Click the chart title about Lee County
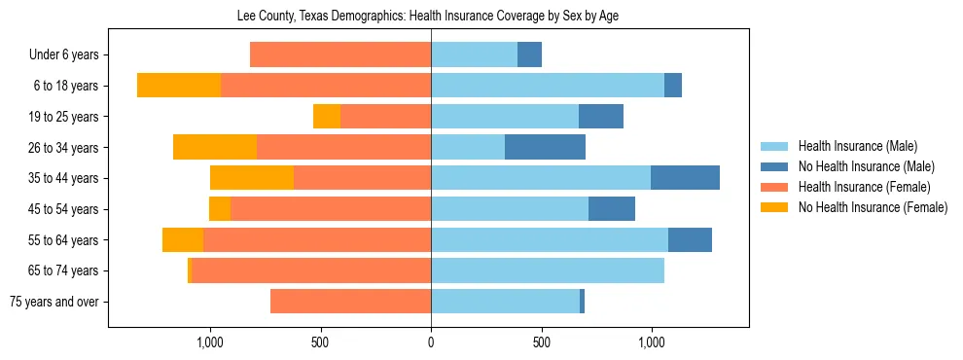click(x=428, y=16)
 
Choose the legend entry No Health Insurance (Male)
click(x=866, y=166)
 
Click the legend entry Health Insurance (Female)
click(x=864, y=187)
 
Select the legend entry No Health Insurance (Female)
click(x=872, y=207)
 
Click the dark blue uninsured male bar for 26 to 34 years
click(x=545, y=148)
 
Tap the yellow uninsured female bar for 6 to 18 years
click(x=179, y=86)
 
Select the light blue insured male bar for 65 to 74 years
click(x=548, y=270)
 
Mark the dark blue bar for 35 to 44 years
click(x=685, y=178)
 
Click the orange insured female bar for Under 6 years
click(x=340, y=55)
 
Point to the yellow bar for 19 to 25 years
click(x=327, y=117)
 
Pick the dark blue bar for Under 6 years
click(x=529, y=55)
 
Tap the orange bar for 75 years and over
click(x=350, y=302)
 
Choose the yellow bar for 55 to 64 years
click(x=183, y=240)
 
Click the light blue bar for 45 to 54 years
click(x=510, y=209)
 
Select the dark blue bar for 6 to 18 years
click(x=673, y=86)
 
